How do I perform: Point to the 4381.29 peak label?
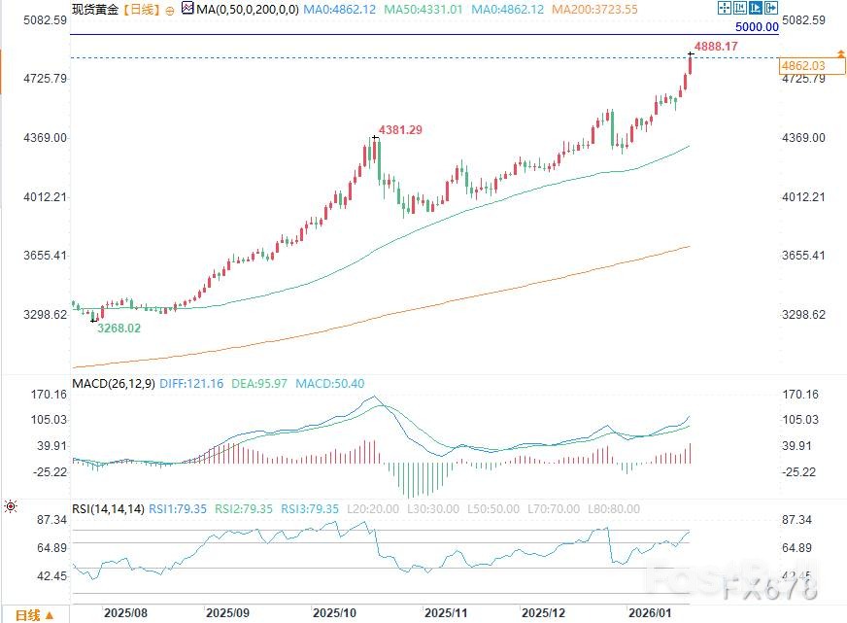pos(400,129)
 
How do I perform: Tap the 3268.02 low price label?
pos(118,329)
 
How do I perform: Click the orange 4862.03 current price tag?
pos(801,65)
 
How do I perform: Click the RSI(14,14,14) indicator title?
pos(108,508)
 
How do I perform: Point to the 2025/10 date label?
pos(335,614)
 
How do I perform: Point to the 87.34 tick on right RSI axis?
pos(801,521)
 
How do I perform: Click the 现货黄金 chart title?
pos(94,9)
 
